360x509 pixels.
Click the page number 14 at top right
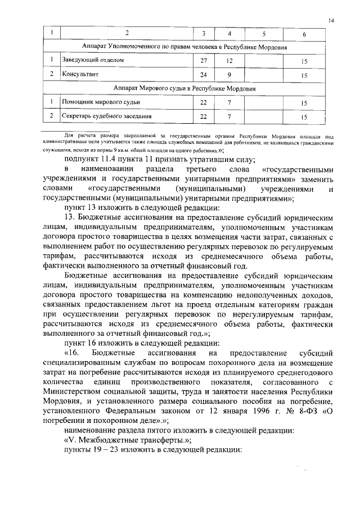pyautogui.click(x=332, y=20)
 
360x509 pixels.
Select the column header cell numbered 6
pyautogui.click(x=304, y=35)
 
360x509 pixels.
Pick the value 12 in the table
pyautogui.click(x=229, y=60)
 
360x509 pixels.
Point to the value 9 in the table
pyautogui.click(x=229, y=74)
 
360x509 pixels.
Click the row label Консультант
pyautogui.click(x=80, y=74)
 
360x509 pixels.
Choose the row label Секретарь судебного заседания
pyautogui.click(x=106, y=116)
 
